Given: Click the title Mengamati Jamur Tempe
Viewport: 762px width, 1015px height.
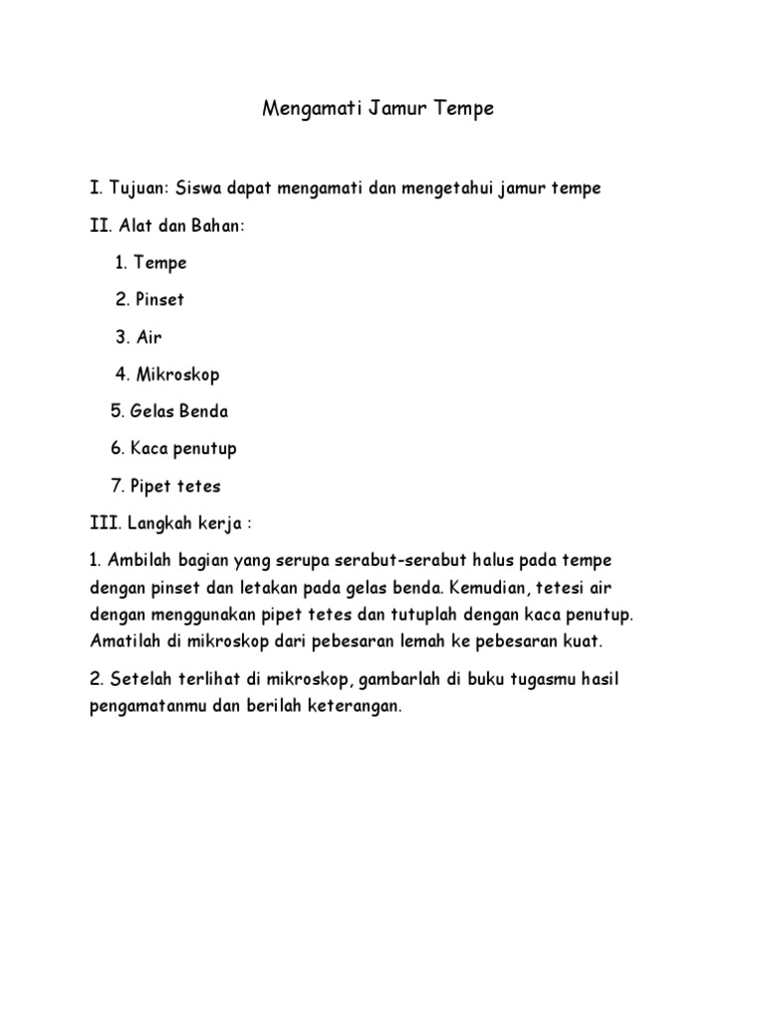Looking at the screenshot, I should (x=378, y=109).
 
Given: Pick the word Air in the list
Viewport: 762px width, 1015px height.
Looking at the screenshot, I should (x=149, y=337).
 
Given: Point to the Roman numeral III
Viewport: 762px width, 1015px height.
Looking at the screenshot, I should (x=101, y=522).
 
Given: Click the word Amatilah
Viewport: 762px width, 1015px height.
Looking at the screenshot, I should (x=125, y=641).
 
